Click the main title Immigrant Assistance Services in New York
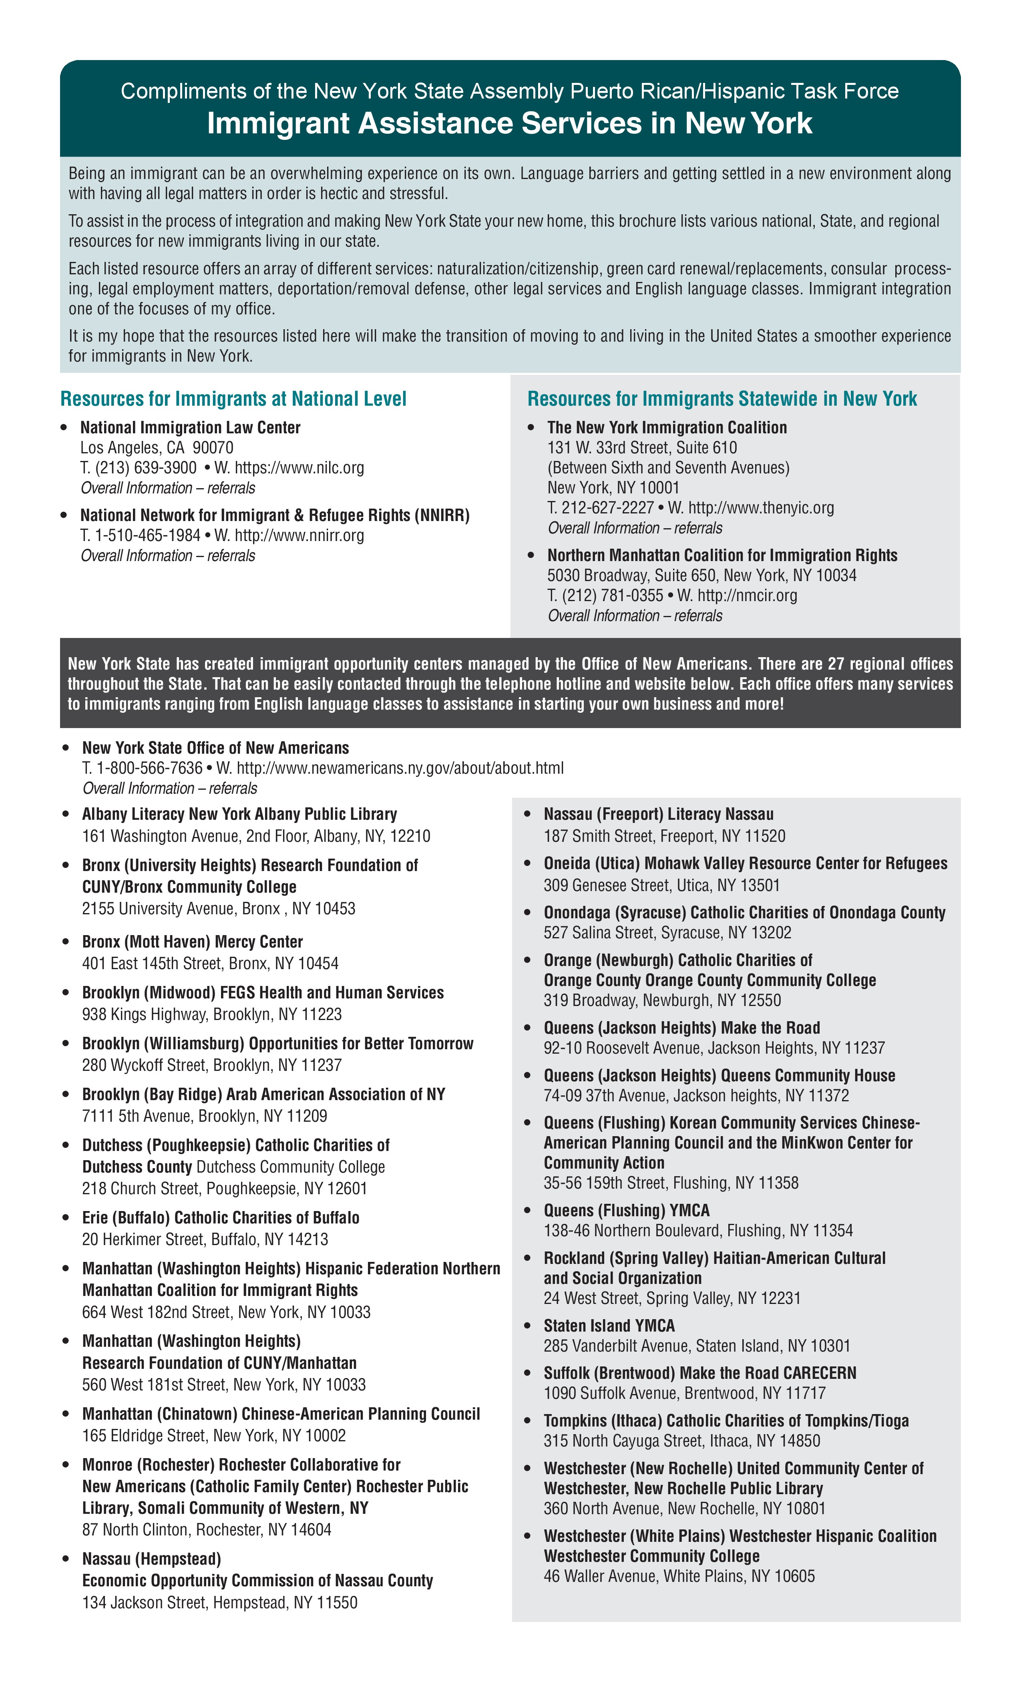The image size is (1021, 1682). pos(509,124)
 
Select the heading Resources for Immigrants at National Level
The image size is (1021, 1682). pos(233,398)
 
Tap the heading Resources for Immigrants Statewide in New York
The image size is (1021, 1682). pos(722,398)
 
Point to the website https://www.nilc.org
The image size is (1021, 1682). pos(299,468)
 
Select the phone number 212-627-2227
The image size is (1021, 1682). pos(601,508)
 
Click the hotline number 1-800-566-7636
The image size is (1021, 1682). pos(149,768)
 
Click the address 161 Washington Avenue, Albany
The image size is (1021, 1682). pos(256,836)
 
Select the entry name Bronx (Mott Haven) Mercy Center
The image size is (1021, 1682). pos(193,942)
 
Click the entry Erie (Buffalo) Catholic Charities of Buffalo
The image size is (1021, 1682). pos(221,1218)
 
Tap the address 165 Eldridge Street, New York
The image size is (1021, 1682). pos(214,1436)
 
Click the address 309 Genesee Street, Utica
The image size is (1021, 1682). pos(661,885)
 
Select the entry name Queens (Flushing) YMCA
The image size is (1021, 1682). pos(627,1210)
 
